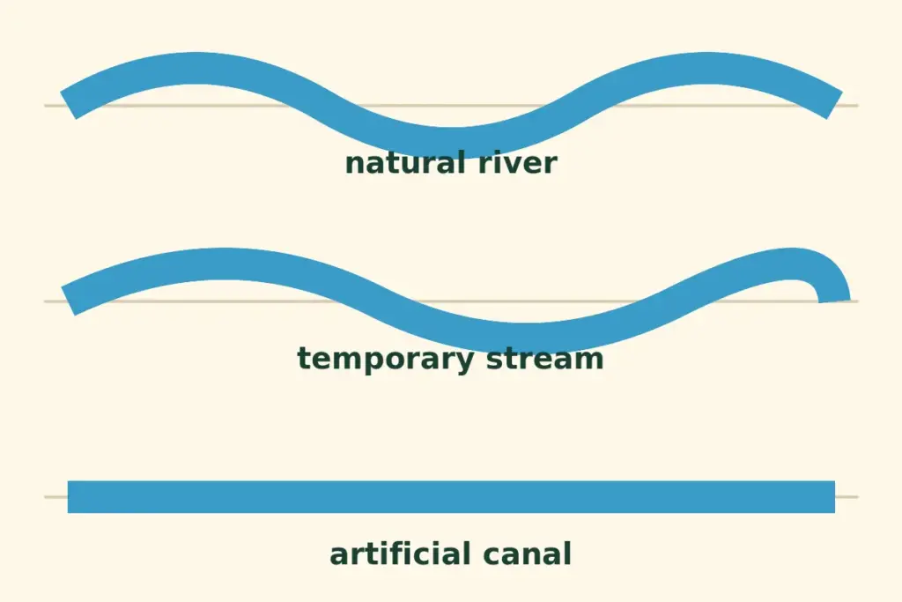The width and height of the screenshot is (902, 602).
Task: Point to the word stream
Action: click(x=545, y=359)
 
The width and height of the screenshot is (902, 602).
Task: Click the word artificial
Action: click(x=401, y=554)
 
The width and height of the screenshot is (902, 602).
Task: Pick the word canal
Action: click(x=527, y=554)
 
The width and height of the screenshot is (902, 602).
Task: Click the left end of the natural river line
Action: click(x=69, y=106)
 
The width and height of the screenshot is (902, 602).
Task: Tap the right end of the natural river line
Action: click(x=835, y=105)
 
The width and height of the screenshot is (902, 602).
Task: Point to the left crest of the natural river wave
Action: click(x=196, y=69)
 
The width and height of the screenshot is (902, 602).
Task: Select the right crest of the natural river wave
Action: click(x=706, y=69)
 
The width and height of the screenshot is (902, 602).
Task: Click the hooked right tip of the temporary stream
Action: click(x=834, y=301)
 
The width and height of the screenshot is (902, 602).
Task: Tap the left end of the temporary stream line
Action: click(x=69, y=301)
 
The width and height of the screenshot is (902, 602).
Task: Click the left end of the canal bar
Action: click(x=69, y=497)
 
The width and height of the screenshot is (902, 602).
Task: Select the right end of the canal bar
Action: click(x=834, y=497)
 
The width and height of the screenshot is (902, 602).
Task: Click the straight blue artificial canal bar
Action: click(x=451, y=497)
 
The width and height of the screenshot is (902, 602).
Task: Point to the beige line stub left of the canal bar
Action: click(x=55, y=497)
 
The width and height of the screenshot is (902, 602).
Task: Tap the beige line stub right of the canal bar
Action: click(x=847, y=497)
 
